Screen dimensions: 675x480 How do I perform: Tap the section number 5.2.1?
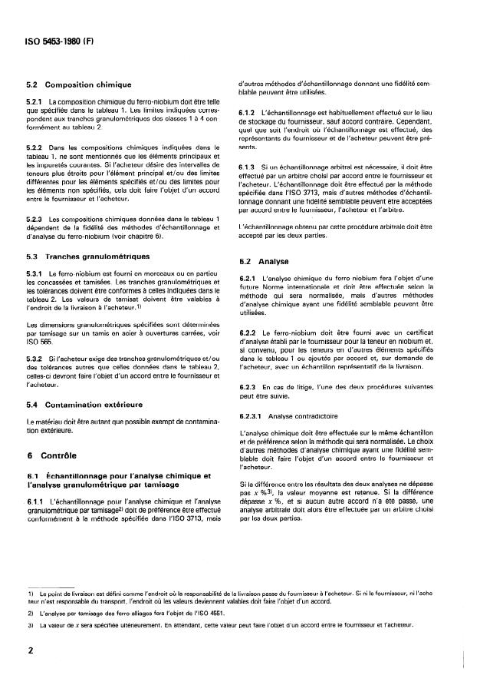[33, 102]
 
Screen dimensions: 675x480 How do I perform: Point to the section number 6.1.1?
[33, 480]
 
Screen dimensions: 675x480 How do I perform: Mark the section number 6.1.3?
[248, 167]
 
